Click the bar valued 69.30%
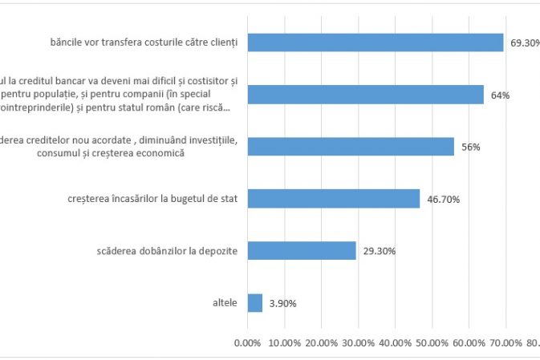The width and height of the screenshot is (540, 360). pyautogui.click(x=375, y=42)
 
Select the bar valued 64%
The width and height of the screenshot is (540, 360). pyautogui.click(x=365, y=95)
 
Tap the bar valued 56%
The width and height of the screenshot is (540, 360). pyautogui.click(x=350, y=147)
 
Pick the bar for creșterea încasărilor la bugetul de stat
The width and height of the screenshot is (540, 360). pyautogui.click(x=333, y=199)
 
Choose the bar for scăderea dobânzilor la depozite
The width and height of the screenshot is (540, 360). pyautogui.click(x=301, y=251)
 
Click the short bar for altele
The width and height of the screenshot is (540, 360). pyautogui.click(x=254, y=303)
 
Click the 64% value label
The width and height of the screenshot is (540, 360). pyautogui.click(x=500, y=95)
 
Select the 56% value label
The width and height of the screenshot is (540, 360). pyautogui.click(x=469, y=148)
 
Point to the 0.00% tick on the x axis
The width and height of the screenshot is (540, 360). pyautogui.click(x=246, y=344)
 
